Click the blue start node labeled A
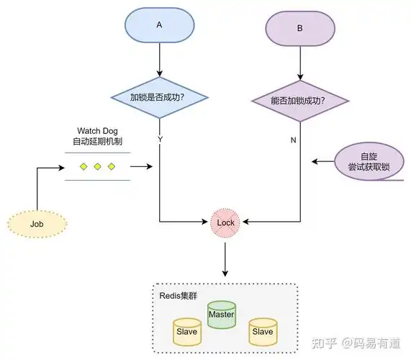pyautogui.click(x=158, y=24)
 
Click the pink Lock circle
pyautogui.click(x=225, y=222)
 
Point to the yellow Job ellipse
pyautogui.click(x=37, y=224)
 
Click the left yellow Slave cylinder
pyautogui.click(x=187, y=333)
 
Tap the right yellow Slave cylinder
pyautogui.click(x=262, y=333)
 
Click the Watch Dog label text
pyautogui.click(x=98, y=131)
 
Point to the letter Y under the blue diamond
pyautogui.click(x=159, y=138)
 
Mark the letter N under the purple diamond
pyautogui.click(x=293, y=140)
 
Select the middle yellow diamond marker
pyautogui.click(x=97, y=167)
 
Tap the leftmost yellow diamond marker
pyautogui.click(x=83, y=167)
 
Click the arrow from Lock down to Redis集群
pyautogui.click(x=225, y=258)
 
